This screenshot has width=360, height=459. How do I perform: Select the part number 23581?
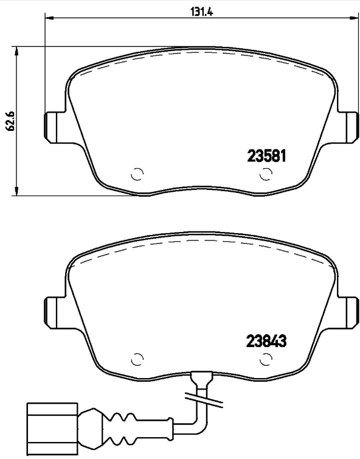(266, 156)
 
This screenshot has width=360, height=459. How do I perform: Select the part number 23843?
(266, 342)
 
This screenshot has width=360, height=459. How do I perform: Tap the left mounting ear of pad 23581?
(53, 128)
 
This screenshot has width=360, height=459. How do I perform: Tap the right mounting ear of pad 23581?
(349, 128)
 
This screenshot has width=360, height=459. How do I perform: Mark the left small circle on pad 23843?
(137, 359)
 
